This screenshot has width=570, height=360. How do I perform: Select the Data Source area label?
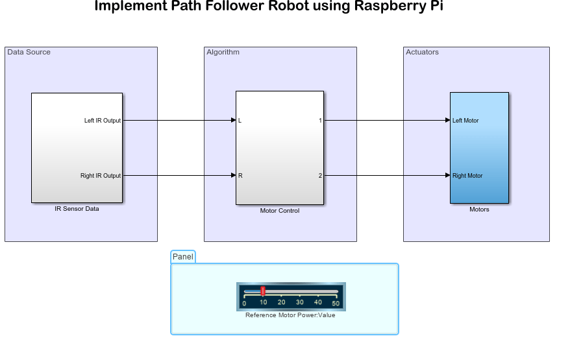point(29,52)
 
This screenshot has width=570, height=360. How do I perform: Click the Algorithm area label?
point(223,52)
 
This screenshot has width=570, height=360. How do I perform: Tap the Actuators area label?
point(422,52)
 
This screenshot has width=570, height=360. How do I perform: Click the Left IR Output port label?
point(102,121)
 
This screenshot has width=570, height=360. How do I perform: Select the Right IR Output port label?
point(100,176)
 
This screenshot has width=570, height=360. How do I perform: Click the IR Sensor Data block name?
point(77,209)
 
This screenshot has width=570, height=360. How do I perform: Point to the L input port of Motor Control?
point(240,121)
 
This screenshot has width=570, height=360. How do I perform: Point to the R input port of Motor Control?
point(240,176)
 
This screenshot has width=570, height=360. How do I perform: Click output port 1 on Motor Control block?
point(319,121)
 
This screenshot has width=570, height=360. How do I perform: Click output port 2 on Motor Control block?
point(319,176)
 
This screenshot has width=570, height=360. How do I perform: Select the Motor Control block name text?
point(280,211)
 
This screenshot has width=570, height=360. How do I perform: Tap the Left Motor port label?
point(465,121)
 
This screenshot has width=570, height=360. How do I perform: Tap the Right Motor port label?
point(467,176)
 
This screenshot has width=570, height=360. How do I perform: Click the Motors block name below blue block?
point(479,210)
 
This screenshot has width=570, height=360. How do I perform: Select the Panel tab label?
point(183,257)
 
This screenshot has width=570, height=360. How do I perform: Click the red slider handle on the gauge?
point(263,291)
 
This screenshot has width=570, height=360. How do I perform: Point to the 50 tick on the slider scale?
point(336,302)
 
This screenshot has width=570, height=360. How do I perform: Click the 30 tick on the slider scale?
point(299,302)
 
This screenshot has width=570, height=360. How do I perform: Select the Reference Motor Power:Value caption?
point(290,315)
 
